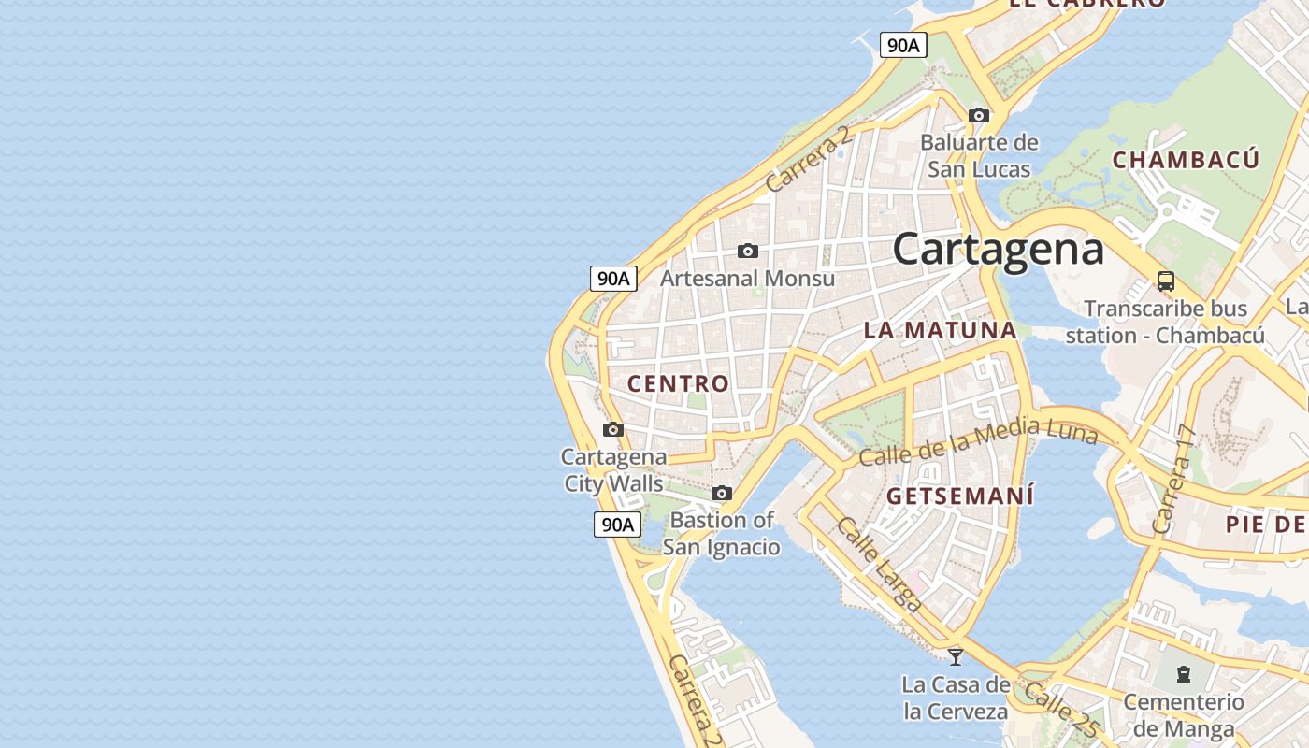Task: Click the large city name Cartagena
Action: point(998,250)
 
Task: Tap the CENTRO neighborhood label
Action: point(678,383)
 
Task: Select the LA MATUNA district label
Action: point(940,330)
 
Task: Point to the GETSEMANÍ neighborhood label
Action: point(960,496)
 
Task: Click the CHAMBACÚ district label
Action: point(1186,160)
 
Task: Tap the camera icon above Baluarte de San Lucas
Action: point(979,116)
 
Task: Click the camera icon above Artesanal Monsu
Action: point(748,251)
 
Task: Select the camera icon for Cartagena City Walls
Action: point(613,430)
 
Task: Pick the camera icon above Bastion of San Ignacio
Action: point(722,493)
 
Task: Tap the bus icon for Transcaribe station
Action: point(1166,280)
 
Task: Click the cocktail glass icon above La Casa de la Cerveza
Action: point(956,656)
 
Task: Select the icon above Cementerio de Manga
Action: point(1184,673)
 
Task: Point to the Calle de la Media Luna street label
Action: point(977,442)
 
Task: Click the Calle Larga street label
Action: point(879,565)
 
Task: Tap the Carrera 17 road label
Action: point(1174,480)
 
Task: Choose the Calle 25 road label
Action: point(1059,707)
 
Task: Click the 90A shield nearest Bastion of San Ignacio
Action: point(617,525)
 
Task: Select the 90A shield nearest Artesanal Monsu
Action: point(613,278)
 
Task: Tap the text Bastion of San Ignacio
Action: point(722,533)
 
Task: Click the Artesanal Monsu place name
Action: point(748,278)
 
